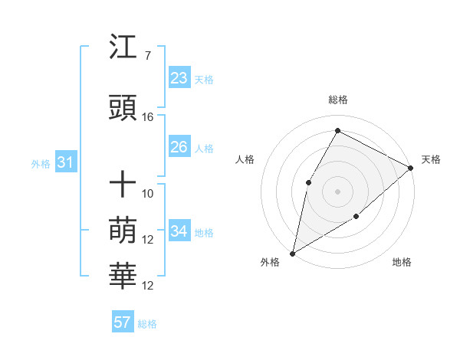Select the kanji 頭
(x=123, y=109)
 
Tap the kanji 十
(x=123, y=185)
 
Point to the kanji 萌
(x=123, y=231)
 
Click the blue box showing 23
(x=179, y=78)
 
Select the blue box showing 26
(x=179, y=147)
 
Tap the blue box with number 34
(x=179, y=231)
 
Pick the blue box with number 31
(x=65, y=162)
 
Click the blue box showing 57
(x=122, y=322)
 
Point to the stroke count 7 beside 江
(x=147, y=56)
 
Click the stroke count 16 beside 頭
(x=148, y=117)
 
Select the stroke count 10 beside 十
(x=148, y=194)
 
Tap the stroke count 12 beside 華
(x=148, y=286)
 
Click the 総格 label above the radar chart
(x=338, y=100)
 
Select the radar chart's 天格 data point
(x=411, y=169)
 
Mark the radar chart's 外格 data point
(x=292, y=254)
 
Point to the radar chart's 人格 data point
(x=308, y=182)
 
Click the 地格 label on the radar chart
(x=402, y=262)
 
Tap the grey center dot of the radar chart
(x=337, y=191)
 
